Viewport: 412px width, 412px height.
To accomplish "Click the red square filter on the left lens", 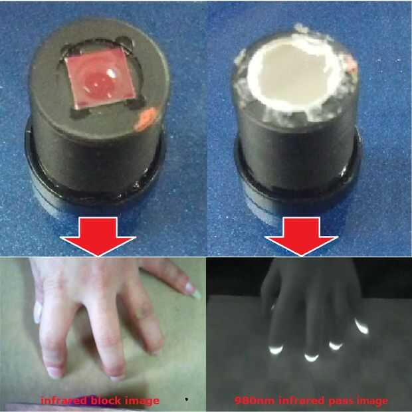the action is [100, 77].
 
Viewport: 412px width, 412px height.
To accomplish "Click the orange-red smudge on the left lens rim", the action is [146, 120].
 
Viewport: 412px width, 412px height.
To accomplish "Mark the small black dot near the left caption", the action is [187, 399].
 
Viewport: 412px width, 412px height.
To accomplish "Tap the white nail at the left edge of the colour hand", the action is [38, 312].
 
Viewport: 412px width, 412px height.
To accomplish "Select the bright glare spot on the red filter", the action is [112, 73].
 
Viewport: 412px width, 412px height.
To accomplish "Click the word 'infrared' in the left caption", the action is [64, 400].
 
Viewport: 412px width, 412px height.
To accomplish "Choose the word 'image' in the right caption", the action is [372, 401].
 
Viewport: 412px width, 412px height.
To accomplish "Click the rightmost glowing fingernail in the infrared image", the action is [361, 326].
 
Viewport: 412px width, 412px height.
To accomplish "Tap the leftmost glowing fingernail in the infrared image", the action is [276, 350].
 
